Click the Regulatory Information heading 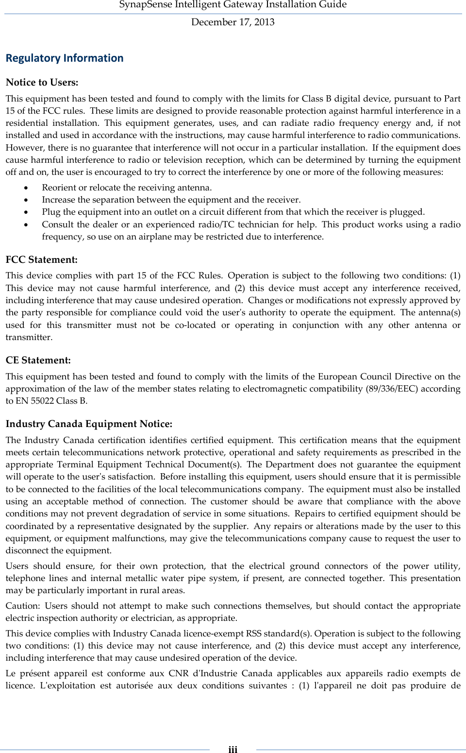tap(65, 58)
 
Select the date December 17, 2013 tap(233, 22)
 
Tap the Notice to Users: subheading tap(42, 82)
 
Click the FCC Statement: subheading tap(41, 259)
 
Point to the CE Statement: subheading tap(38, 360)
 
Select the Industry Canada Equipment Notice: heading tap(89, 424)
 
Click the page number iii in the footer tap(233, 749)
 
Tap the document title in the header tap(233, 5)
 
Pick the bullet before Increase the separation tap(26, 200)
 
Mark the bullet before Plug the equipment tap(26, 212)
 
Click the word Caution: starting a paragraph tap(22, 606)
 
